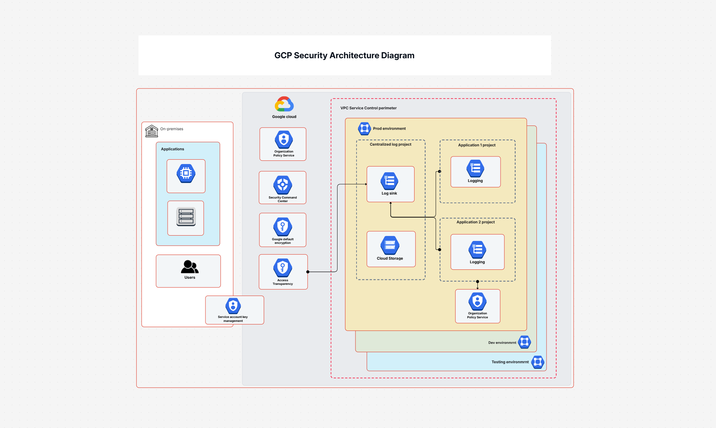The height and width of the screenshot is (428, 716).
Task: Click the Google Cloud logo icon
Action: [284, 104]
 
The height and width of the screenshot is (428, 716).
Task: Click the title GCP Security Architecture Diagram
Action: [344, 55]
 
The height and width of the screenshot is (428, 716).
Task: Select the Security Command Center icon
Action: [283, 185]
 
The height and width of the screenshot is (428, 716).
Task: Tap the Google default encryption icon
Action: [283, 227]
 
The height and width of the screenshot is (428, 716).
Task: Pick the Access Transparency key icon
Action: [283, 268]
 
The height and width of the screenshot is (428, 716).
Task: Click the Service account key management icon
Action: [233, 306]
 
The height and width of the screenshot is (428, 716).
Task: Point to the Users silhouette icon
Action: [190, 267]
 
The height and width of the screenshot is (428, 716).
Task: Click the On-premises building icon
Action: [151, 131]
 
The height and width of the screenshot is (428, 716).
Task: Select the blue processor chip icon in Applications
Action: [186, 173]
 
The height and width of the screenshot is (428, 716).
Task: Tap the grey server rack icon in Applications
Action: [186, 217]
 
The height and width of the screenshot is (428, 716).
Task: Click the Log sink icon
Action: [390, 181]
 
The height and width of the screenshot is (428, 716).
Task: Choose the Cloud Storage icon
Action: [390, 245]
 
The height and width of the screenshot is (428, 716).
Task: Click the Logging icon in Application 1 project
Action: [475, 168]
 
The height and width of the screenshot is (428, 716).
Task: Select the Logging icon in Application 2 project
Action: [477, 250]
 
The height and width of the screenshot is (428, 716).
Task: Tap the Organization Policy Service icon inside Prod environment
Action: [477, 301]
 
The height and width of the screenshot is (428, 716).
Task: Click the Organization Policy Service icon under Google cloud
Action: [284, 140]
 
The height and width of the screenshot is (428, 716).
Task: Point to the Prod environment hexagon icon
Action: [364, 128]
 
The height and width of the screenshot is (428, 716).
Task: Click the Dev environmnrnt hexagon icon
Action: [525, 342]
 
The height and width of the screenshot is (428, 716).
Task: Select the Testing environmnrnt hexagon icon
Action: [538, 362]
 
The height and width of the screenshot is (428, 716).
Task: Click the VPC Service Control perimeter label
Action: [368, 108]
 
